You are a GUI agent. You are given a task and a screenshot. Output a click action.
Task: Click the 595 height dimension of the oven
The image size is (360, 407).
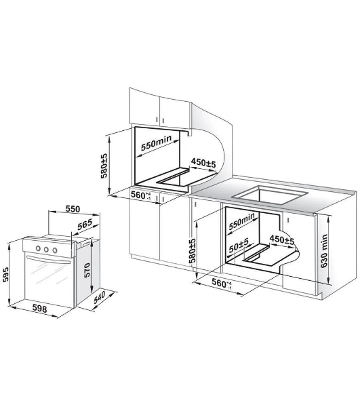[x=5, y=274]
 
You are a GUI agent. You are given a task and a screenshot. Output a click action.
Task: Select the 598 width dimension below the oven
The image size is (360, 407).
[x=40, y=309]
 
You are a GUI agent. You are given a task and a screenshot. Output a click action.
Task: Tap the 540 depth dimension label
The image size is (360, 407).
[x=100, y=297]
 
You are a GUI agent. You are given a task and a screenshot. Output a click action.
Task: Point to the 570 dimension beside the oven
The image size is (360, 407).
[x=87, y=271]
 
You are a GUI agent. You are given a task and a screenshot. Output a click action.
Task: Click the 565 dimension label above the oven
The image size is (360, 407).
[x=85, y=225]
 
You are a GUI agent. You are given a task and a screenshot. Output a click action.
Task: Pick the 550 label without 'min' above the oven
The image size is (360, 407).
[x=73, y=209]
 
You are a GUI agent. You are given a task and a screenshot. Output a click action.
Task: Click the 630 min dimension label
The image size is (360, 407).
[x=324, y=251]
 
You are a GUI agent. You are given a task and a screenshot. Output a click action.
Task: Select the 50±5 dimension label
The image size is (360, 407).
[x=239, y=246]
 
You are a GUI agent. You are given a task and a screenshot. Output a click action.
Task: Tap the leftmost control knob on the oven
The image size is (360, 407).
[x=38, y=248]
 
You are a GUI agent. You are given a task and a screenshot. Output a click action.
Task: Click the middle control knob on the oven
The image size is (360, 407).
[x=46, y=250]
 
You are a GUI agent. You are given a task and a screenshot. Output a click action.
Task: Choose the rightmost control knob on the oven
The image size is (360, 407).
[x=55, y=250]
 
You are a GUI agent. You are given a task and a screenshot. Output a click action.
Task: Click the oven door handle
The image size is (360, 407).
[x=49, y=260]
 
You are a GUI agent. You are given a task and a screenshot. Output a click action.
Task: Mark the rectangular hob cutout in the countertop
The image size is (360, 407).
[x=271, y=195]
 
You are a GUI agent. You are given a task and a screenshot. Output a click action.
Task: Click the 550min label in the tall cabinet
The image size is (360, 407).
[x=156, y=142]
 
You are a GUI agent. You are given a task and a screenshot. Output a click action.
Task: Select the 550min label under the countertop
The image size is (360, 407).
[x=242, y=221]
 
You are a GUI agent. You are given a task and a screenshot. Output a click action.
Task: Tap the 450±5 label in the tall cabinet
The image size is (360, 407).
[x=203, y=163]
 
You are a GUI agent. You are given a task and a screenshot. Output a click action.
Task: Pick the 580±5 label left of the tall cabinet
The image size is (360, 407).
[x=104, y=166]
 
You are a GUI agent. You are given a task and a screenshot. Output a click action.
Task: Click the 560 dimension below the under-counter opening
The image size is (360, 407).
[x=222, y=284]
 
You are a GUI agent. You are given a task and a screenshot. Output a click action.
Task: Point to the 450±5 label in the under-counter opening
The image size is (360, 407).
[x=282, y=239]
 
